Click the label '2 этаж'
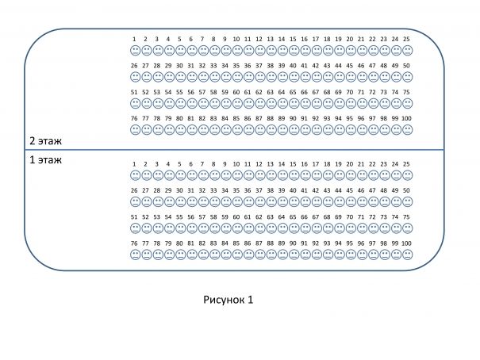click(x=45, y=141)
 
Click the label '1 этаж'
click(x=45, y=159)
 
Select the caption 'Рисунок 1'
click(x=228, y=300)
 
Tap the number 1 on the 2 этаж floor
click(x=135, y=39)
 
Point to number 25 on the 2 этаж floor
click(x=406, y=39)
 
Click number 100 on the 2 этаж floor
click(x=406, y=118)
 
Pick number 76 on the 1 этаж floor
click(x=134, y=243)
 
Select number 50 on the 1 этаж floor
click(x=406, y=190)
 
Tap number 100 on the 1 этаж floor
click(x=406, y=243)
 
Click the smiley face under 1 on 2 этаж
click(x=135, y=50)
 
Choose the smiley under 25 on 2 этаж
click(x=407, y=50)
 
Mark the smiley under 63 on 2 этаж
click(x=271, y=103)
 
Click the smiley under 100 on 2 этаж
click(x=407, y=129)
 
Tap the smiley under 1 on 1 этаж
click(x=135, y=174)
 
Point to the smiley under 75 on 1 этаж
click(x=407, y=228)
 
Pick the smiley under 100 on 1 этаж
click(x=407, y=254)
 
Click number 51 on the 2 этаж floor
click(x=134, y=92)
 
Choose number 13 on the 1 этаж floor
click(x=271, y=163)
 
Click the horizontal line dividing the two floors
click(x=238, y=150)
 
